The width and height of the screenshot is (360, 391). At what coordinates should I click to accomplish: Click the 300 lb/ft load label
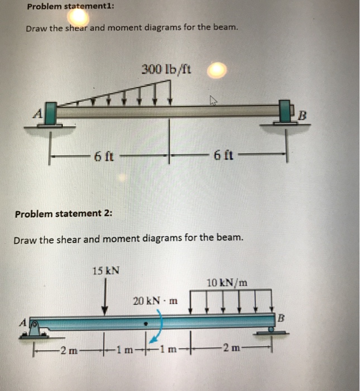[166, 69]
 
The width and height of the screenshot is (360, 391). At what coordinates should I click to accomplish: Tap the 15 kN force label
[106, 270]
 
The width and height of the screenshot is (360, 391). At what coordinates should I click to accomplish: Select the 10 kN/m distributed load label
[227, 283]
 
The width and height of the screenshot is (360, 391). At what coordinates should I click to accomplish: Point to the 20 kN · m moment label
[155, 301]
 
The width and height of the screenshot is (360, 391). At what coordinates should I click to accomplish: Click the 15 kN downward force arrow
[105, 297]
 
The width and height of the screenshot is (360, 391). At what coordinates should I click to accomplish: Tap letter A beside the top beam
[38, 114]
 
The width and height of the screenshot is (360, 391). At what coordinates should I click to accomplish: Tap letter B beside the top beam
[302, 116]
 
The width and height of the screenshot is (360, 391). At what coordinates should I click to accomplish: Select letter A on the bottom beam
[23, 323]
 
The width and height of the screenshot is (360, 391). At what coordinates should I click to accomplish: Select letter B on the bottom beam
[281, 318]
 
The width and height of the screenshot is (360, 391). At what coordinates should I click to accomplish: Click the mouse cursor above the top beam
[213, 100]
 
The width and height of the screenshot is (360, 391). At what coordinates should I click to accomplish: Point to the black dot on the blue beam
[146, 324]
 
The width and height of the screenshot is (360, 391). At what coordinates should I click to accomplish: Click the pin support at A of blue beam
[35, 330]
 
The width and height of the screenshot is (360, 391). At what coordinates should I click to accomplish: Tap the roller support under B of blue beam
[271, 331]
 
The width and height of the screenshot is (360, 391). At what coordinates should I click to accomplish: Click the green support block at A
[51, 113]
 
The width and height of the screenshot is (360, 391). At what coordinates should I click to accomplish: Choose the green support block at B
[285, 111]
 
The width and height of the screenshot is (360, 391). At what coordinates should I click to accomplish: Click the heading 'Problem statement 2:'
[64, 214]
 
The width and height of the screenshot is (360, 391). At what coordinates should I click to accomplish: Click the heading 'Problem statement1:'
[70, 6]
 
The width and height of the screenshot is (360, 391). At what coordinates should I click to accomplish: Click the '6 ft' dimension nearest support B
[223, 155]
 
